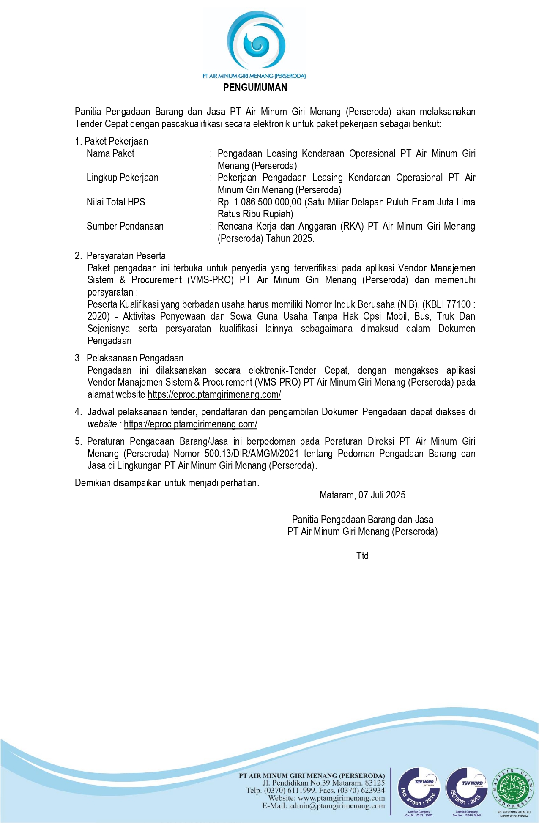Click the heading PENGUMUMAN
click(255, 88)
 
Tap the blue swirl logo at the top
click(255, 41)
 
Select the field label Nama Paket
click(110, 153)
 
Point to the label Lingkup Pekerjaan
click(123, 178)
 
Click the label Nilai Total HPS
click(116, 202)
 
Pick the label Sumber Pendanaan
click(125, 226)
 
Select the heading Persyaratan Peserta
click(126, 256)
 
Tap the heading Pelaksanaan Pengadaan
click(135, 358)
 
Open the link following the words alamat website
click(214, 394)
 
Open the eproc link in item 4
click(190, 424)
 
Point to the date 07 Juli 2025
click(382, 495)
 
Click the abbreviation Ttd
click(362, 556)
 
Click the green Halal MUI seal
click(514, 788)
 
